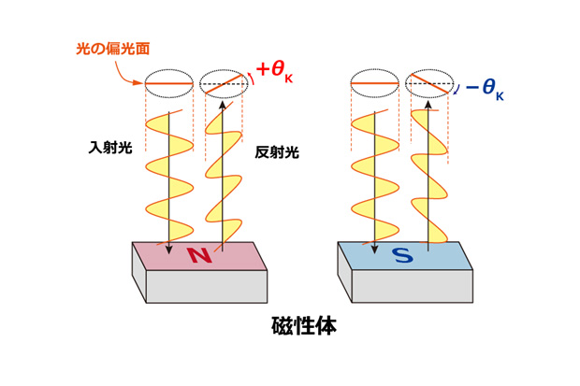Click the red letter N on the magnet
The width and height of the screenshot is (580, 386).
pos(198,254)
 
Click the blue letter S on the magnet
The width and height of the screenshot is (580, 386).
pos(401,254)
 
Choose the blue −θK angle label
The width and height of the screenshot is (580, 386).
pos(484,89)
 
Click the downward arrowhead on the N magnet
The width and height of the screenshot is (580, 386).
pos(169,248)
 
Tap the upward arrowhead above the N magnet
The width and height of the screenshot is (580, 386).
pos(223,106)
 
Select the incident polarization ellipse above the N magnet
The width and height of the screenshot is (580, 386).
pos(169,84)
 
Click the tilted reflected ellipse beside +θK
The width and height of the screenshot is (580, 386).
pos(223,84)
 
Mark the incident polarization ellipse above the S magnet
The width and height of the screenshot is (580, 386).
pos(374,84)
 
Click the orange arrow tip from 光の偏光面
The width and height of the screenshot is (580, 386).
pos(142,82)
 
